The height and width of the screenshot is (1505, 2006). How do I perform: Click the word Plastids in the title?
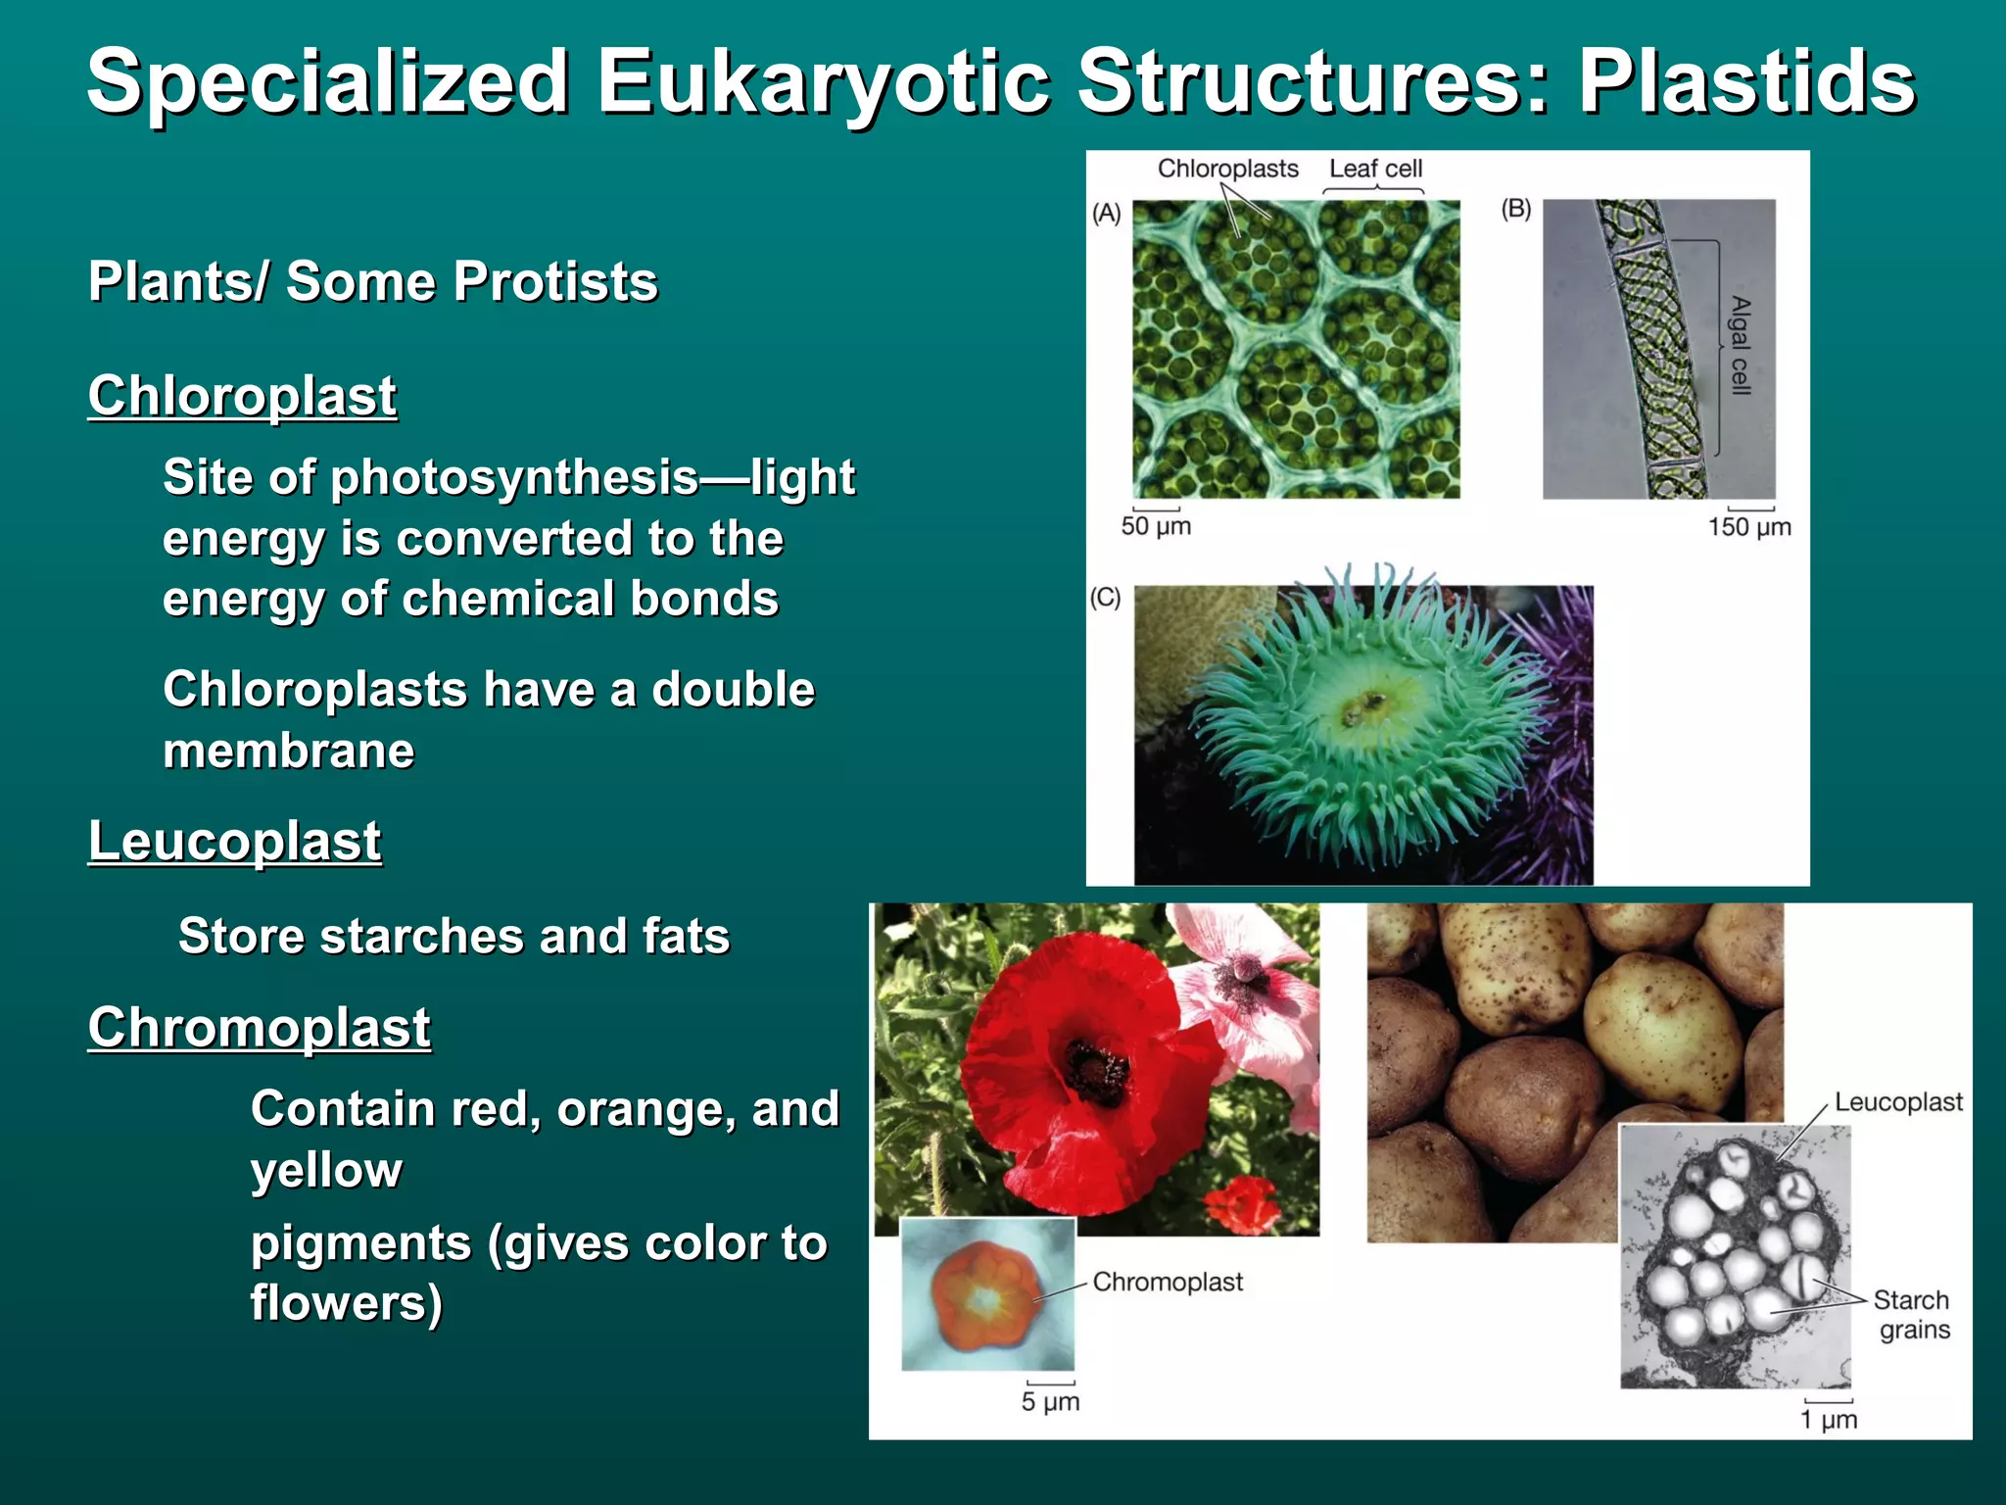tap(1745, 83)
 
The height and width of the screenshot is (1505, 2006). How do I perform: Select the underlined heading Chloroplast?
tap(242, 396)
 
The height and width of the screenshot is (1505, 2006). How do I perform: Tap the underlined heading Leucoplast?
tap(234, 841)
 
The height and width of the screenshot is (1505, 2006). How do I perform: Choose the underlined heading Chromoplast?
tap(259, 1028)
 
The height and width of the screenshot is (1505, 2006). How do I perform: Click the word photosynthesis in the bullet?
tap(514, 477)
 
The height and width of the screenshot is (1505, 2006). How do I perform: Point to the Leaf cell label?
tap(1375, 169)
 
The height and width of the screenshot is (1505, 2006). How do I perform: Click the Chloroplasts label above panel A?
tap(1227, 169)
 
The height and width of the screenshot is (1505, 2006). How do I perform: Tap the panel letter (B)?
tap(1515, 209)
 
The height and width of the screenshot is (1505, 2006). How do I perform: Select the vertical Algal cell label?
tap(1740, 345)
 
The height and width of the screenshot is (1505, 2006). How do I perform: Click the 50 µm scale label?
tap(1156, 527)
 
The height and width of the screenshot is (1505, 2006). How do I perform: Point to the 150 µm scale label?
tap(1749, 527)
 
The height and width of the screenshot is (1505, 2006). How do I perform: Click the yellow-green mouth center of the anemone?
tap(1364, 704)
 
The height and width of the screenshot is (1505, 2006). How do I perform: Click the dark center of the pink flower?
tap(1245, 971)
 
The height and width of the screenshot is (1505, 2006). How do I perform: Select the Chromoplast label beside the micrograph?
tap(1168, 1282)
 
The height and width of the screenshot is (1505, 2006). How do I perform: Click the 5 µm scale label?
tap(1050, 1402)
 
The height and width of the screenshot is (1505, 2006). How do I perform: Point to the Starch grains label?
tap(1912, 1315)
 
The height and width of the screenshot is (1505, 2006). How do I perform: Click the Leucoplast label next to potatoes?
tap(1897, 1102)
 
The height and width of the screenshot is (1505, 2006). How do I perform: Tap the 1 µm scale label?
tap(1828, 1420)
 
